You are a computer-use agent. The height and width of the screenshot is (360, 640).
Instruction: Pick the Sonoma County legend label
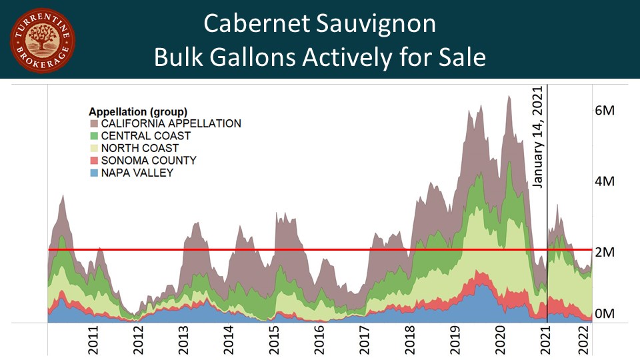click(148, 161)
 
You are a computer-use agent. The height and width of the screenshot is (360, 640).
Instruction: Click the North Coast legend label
click(139, 148)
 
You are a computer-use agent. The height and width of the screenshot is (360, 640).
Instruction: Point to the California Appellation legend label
click(170, 123)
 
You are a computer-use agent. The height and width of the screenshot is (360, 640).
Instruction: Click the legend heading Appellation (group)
click(138, 111)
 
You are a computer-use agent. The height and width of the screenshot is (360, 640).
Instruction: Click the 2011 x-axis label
click(94, 340)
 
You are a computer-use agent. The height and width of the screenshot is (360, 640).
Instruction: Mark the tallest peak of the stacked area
click(509, 97)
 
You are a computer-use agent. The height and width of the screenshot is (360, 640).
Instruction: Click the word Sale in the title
click(461, 57)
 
